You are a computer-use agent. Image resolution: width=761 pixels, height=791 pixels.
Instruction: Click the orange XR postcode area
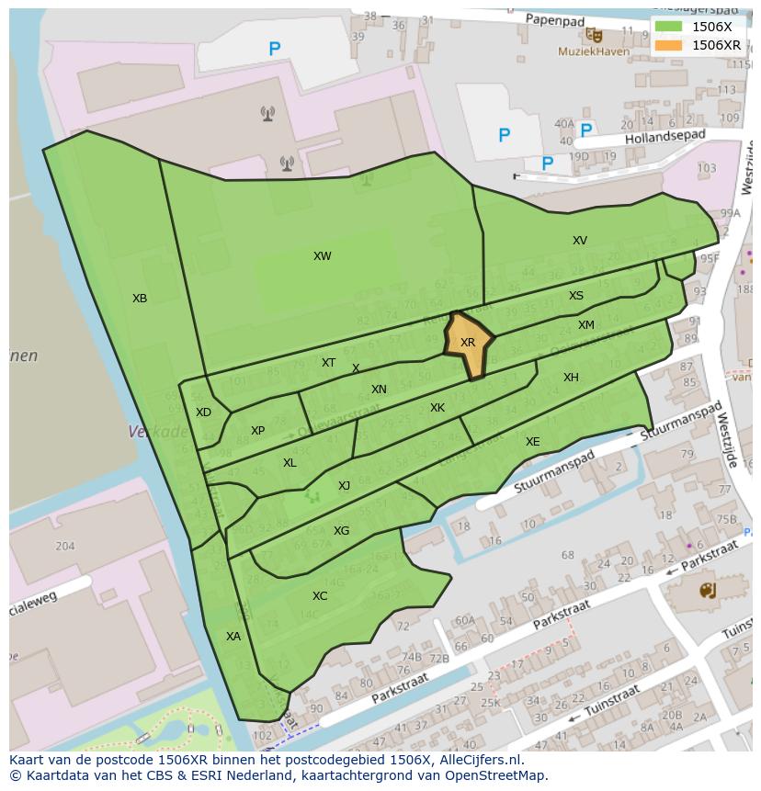pyautogui.click(x=468, y=345)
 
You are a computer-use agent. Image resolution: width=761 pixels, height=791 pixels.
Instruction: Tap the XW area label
pyautogui.click(x=322, y=256)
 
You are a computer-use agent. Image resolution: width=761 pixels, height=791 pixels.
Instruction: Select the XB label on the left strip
pyautogui.click(x=140, y=299)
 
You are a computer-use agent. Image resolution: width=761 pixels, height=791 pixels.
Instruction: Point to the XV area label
pyautogui.click(x=579, y=241)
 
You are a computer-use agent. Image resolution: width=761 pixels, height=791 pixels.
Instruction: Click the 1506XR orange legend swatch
pyautogui.click(x=670, y=45)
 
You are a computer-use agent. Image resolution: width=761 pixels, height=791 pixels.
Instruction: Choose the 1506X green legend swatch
pyautogui.click(x=670, y=27)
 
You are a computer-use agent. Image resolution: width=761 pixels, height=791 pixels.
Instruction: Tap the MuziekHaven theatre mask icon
pyautogui.click(x=596, y=36)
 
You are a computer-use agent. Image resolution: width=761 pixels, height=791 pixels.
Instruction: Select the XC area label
pyautogui.click(x=320, y=596)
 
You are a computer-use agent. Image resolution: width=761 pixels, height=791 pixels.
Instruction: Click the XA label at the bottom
pyautogui.click(x=233, y=636)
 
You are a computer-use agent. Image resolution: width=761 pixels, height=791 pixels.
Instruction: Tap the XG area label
pyautogui.click(x=341, y=531)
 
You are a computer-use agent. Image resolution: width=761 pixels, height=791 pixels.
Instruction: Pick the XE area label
pyautogui.click(x=532, y=442)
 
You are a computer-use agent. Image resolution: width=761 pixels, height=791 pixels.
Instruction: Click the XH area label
pyautogui.click(x=571, y=378)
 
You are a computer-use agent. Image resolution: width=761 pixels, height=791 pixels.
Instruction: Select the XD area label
pyautogui.click(x=203, y=412)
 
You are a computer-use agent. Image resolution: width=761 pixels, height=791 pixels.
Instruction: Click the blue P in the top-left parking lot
pyautogui.click(x=274, y=50)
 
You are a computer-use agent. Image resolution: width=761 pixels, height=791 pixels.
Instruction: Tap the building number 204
pyautogui.click(x=64, y=546)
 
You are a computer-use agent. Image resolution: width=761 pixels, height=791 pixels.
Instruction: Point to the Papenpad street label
pyautogui.click(x=555, y=18)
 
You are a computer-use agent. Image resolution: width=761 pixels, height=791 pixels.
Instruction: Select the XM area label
pyautogui.click(x=585, y=325)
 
